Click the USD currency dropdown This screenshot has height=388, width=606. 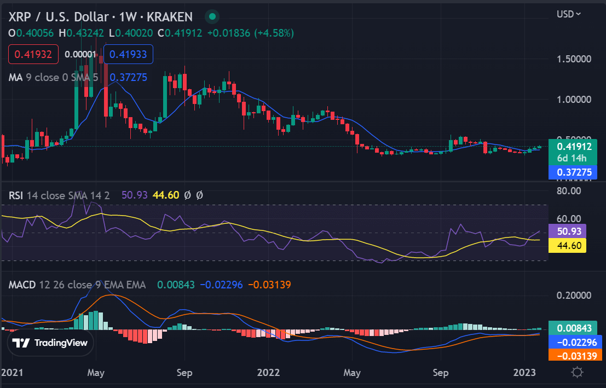[x=569, y=14]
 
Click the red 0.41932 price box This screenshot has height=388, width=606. [x=33, y=54]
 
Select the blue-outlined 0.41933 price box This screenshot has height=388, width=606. [x=128, y=54]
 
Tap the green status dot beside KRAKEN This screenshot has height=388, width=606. [x=212, y=16]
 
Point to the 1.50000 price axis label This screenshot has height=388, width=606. [x=574, y=59]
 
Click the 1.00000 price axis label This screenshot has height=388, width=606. [x=574, y=99]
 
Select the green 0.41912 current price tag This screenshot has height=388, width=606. [x=573, y=152]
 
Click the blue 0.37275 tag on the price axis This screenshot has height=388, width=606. [x=573, y=172]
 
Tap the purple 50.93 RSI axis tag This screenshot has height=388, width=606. [x=567, y=231]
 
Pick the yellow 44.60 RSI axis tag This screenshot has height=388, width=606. [x=567, y=245]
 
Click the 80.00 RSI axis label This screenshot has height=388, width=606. [x=569, y=191]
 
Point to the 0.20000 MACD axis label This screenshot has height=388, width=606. [x=574, y=296]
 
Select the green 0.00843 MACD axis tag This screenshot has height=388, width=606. [x=573, y=328]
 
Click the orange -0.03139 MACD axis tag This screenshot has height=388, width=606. [x=573, y=356]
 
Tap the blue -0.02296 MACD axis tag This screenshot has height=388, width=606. [x=573, y=343]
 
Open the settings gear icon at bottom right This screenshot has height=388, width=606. [x=577, y=373]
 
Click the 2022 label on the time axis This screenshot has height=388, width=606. [x=269, y=373]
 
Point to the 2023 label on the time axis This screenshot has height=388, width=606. [x=524, y=373]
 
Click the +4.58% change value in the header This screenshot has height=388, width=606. [x=274, y=33]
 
